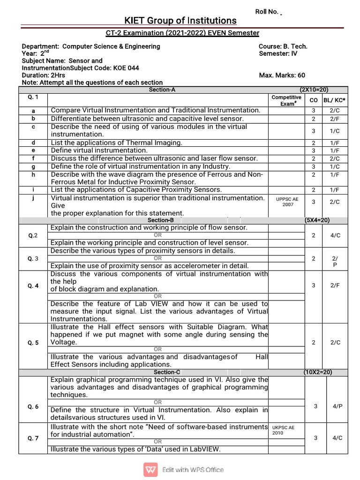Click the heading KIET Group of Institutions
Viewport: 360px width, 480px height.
(x=180, y=21)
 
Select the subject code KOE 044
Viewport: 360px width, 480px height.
(x=126, y=68)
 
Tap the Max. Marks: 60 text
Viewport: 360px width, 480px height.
(x=282, y=75)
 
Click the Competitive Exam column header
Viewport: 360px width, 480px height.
(x=286, y=100)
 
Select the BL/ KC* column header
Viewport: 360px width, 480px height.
(x=335, y=100)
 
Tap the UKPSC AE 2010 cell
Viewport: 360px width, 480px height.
(x=284, y=430)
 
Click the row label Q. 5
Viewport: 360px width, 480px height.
(x=33, y=342)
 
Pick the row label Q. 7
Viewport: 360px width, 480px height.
(x=33, y=438)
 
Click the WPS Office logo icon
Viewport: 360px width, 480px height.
(x=151, y=469)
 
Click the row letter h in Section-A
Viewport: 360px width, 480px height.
(x=33, y=174)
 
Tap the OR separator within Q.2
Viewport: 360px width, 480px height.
(x=158, y=235)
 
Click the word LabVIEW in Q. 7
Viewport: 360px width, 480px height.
(x=204, y=449)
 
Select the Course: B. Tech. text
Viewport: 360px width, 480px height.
(x=283, y=46)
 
